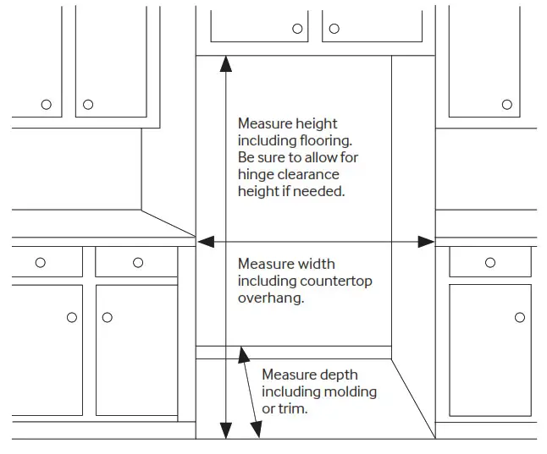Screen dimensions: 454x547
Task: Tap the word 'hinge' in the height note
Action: click(x=255, y=175)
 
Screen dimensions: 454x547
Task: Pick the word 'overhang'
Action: click(x=268, y=298)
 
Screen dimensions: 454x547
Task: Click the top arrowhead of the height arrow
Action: click(x=225, y=62)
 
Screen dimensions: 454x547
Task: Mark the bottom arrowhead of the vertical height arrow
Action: click(x=225, y=433)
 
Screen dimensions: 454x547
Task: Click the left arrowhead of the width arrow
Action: click(x=202, y=242)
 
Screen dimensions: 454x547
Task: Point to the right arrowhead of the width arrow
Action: click(x=428, y=242)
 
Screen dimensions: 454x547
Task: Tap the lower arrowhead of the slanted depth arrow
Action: click(x=257, y=433)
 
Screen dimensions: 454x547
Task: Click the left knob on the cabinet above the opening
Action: click(x=297, y=29)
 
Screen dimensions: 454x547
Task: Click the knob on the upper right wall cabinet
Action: click(x=507, y=105)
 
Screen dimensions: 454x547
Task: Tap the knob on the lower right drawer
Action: click(x=490, y=263)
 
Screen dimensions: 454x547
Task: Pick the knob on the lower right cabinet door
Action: click(x=519, y=318)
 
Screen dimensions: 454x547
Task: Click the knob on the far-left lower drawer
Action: click(x=41, y=263)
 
